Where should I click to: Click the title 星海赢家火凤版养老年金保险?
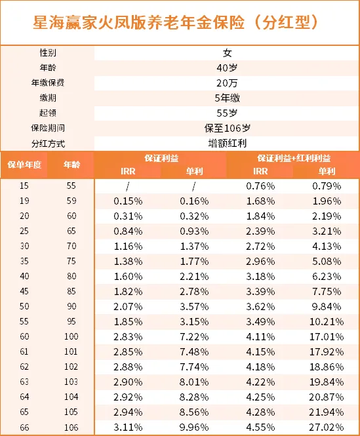138,22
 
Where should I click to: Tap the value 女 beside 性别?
227,53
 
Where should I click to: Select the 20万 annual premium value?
227,83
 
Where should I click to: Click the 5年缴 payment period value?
227,98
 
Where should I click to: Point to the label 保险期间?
48,129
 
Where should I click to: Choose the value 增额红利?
227,144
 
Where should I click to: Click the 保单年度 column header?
24,165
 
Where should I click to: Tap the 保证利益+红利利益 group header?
294,158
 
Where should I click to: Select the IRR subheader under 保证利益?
128,171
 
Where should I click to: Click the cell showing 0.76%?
260,186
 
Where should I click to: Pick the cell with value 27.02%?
327,427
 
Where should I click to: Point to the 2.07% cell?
128,306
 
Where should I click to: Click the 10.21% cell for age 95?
327,322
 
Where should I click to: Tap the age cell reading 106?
71,427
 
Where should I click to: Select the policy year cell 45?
24,291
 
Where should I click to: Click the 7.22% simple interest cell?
194,337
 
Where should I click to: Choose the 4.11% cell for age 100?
260,337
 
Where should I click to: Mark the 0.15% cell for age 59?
128,201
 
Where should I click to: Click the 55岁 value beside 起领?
227,113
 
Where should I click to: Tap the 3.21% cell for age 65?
327,231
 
